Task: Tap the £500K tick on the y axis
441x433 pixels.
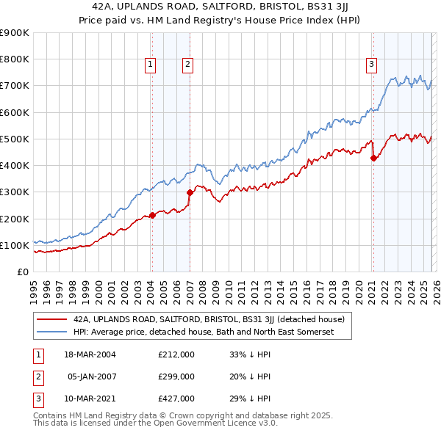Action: tap(14, 139)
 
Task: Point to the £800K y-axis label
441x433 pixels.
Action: tap(14, 59)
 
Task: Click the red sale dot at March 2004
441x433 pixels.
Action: tap(152, 215)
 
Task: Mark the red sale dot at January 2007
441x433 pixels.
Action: tap(189, 192)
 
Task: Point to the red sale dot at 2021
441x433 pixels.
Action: tap(373, 158)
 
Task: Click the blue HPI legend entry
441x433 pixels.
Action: tap(203, 332)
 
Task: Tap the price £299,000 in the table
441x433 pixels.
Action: tap(176, 376)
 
